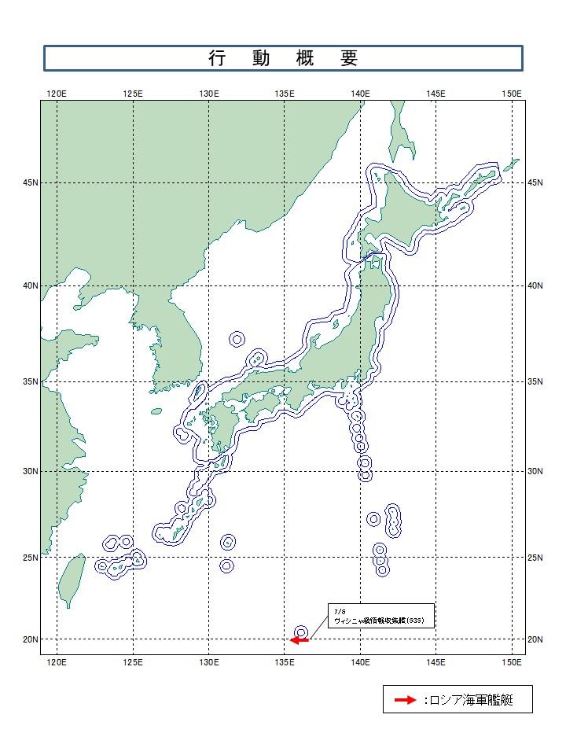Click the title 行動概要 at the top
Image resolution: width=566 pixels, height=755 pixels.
[283, 58]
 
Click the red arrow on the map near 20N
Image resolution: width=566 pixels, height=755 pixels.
[300, 640]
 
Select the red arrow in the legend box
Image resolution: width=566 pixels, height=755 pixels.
[404, 700]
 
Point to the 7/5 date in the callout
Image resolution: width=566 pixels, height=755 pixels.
[339, 611]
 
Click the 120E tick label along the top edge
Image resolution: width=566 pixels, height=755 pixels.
[57, 94]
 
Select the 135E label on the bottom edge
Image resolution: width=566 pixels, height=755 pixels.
[285, 663]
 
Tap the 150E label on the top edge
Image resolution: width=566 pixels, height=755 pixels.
[512, 94]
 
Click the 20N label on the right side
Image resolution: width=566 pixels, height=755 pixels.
[536, 639]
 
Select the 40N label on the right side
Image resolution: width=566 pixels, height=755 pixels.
[536, 285]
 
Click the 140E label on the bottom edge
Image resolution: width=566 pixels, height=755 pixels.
[361, 663]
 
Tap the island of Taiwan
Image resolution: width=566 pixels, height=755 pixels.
[73, 578]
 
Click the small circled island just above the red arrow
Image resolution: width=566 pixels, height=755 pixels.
[301, 632]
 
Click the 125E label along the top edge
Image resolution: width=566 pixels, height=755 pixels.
[133, 94]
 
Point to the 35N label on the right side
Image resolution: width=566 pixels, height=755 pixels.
[536, 381]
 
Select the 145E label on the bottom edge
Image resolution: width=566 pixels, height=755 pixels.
[436, 663]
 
